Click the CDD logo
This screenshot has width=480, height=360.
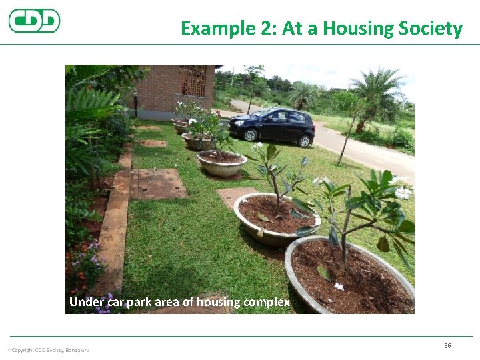coord(34,21)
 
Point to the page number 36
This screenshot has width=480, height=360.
coord(447,345)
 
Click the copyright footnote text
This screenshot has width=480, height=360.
coord(48,350)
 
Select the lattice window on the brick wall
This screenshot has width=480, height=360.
coord(192,81)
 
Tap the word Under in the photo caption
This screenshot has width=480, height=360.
coord(87,302)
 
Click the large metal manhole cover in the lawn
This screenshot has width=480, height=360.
coord(157,183)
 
